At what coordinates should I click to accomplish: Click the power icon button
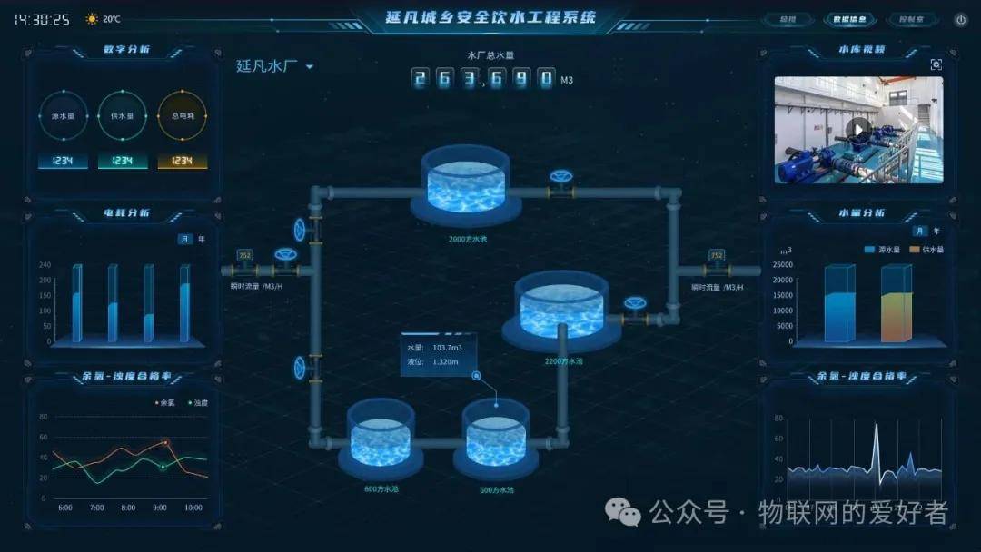coord(960,19)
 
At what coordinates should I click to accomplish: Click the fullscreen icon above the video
coord(936,64)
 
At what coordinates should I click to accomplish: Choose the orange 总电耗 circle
coord(183,116)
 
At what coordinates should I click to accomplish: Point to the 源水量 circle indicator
coord(63,116)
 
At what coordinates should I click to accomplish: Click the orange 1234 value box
coord(183,161)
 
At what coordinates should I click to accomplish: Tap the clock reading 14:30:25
coord(42,19)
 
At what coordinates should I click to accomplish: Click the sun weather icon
coord(92,19)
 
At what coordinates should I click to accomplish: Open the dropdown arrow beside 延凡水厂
coord(310,66)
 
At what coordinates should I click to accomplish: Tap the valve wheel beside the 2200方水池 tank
coord(634,304)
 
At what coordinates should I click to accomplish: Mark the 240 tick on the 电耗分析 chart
coord(45,265)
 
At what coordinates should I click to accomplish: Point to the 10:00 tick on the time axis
coord(193,508)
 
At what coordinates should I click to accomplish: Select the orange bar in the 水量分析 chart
coord(897,305)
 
